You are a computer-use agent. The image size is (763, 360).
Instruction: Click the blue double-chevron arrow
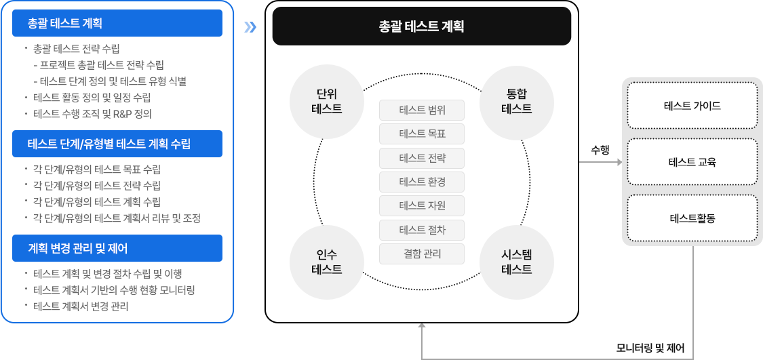click(x=250, y=27)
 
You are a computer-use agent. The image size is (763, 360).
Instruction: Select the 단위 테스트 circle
click(x=326, y=100)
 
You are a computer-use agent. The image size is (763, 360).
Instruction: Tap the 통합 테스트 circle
click(x=516, y=100)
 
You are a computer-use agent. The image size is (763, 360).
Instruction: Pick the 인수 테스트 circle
click(x=326, y=262)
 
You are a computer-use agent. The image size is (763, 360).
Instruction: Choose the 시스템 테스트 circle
click(x=516, y=262)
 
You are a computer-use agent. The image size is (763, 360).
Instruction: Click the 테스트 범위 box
click(x=422, y=110)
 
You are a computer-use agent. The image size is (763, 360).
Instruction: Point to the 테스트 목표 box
click(x=422, y=134)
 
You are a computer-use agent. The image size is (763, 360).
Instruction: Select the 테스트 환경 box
click(x=422, y=182)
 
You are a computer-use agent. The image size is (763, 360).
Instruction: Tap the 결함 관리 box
click(x=422, y=254)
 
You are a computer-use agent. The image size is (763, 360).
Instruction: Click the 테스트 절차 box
click(x=422, y=230)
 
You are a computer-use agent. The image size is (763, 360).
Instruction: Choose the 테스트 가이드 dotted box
click(x=692, y=106)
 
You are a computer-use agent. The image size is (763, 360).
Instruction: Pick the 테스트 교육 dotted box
click(x=692, y=162)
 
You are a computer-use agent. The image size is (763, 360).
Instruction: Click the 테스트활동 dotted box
click(x=692, y=218)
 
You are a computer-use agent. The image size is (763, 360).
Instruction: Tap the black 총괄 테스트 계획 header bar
click(x=421, y=26)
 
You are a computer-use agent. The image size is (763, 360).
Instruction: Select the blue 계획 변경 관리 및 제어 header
click(x=117, y=248)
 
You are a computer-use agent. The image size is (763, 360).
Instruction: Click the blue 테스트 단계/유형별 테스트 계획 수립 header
click(x=117, y=144)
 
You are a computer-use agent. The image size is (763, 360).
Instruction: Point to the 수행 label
click(x=600, y=151)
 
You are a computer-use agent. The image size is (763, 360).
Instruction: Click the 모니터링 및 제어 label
click(x=650, y=348)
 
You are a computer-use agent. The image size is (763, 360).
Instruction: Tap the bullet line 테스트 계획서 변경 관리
click(x=81, y=306)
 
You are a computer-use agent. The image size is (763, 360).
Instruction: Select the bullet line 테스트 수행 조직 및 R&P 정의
click(x=92, y=114)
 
